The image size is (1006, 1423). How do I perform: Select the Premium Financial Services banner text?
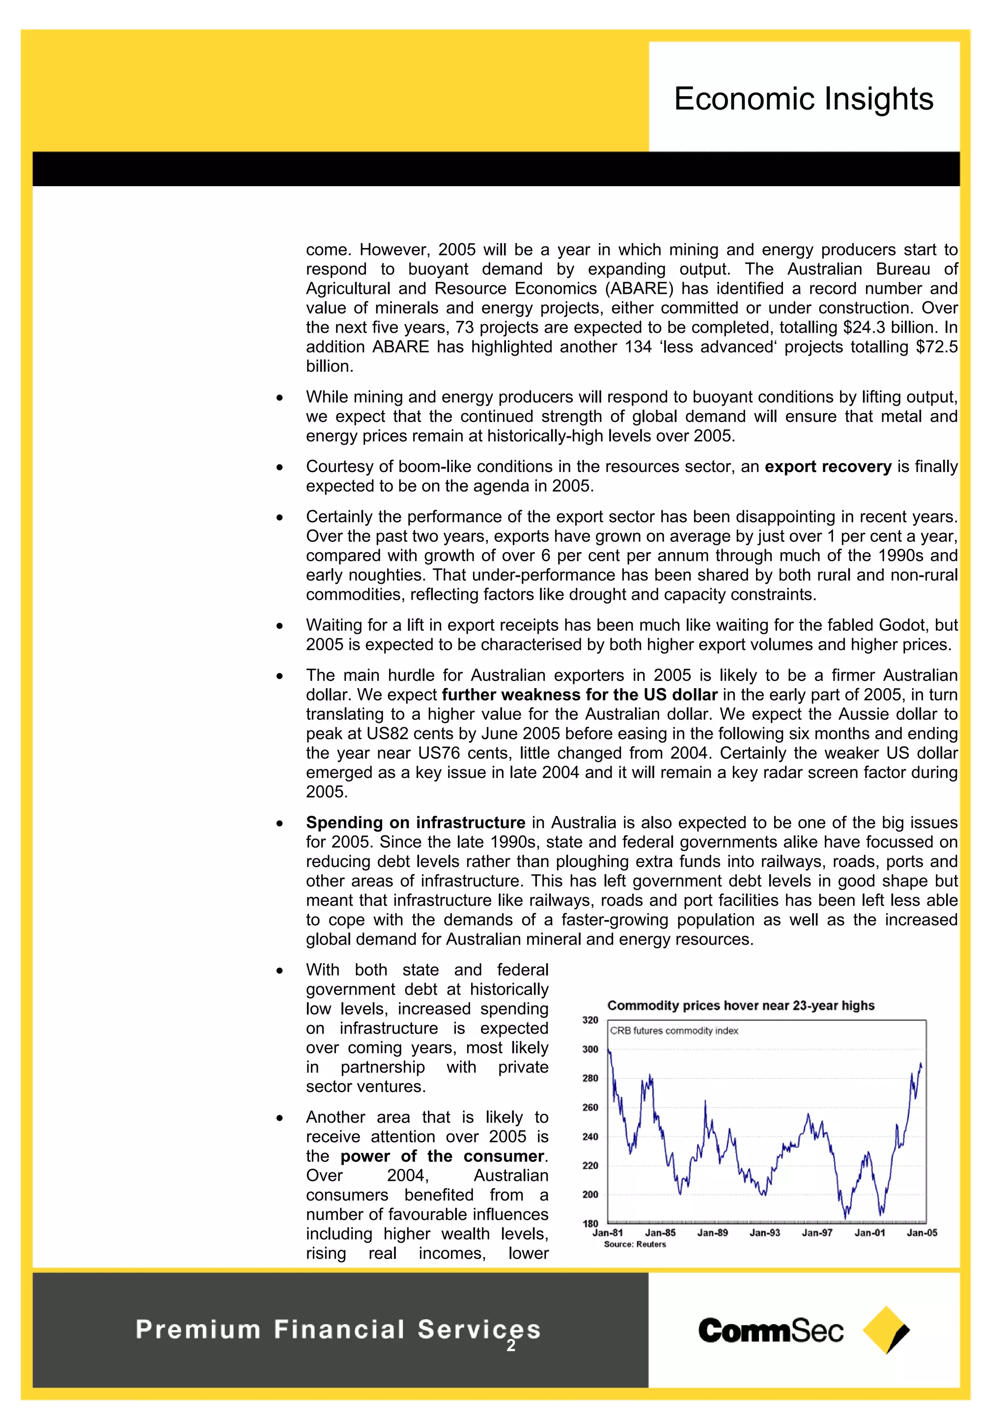click(x=338, y=1329)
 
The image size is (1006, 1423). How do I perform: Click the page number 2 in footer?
click(x=511, y=1345)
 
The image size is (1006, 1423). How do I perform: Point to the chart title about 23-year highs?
click(x=740, y=1005)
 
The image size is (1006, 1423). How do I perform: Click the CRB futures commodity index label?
click(x=674, y=1031)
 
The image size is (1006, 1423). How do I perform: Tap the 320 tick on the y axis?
click(x=590, y=1020)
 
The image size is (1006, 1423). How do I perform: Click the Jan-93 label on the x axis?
click(x=764, y=1233)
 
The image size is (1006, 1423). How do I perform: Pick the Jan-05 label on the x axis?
click(x=922, y=1233)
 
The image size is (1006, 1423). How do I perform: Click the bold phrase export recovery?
click(x=828, y=467)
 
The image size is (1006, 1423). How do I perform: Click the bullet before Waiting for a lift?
click(x=279, y=626)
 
